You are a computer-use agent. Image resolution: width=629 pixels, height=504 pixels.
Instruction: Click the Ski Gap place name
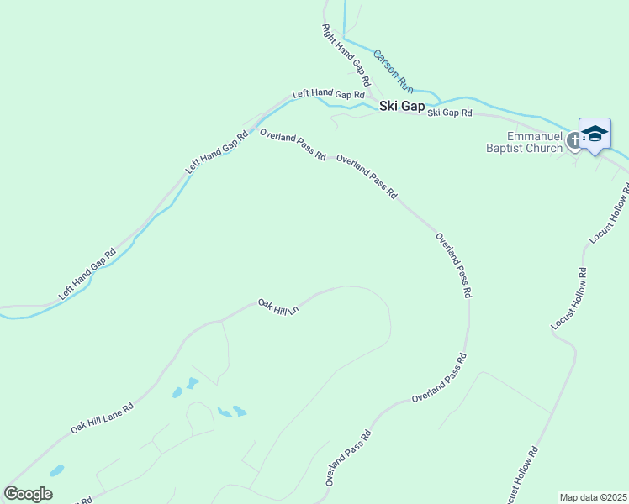402,106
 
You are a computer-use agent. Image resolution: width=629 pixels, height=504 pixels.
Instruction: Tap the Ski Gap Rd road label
450,113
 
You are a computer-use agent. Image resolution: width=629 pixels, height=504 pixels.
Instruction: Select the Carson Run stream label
394,70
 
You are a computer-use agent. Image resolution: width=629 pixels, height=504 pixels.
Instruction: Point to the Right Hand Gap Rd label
346,55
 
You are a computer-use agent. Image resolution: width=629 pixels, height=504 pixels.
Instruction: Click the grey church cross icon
574,140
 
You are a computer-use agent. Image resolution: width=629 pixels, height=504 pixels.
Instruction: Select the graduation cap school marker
595,134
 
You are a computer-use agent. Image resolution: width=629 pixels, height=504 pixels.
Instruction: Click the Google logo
28,494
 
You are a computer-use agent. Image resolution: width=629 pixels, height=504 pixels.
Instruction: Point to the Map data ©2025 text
593,497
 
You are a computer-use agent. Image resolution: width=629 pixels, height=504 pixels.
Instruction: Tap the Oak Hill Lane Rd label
103,417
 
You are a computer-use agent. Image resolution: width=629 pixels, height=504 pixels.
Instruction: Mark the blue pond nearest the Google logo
56,471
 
